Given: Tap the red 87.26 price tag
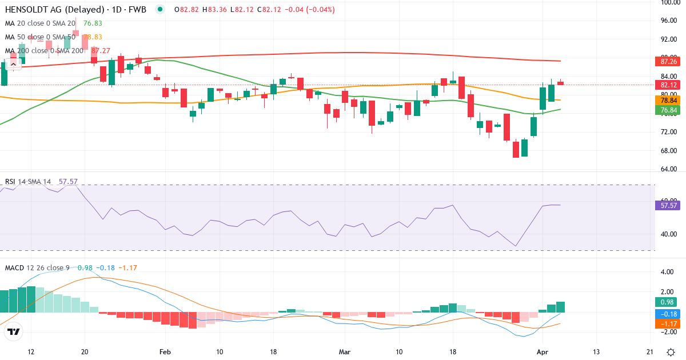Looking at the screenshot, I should pyautogui.click(x=669, y=61).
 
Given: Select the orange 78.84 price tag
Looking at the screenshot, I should pyautogui.click(x=669, y=100).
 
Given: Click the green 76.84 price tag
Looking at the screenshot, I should pyautogui.click(x=669, y=110).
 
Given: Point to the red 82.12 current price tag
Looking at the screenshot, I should pyautogui.click(x=669, y=85).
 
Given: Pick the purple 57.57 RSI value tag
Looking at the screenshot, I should pyautogui.click(x=669, y=205).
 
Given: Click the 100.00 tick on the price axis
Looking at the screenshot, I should pyautogui.click(x=669, y=2).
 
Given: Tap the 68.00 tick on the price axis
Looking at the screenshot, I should pyautogui.click(x=669, y=151).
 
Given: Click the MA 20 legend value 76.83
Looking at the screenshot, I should pyautogui.click(x=93, y=23).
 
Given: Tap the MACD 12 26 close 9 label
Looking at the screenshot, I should pyautogui.click(x=38, y=267).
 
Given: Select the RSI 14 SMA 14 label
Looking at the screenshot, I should pyautogui.click(x=28, y=182).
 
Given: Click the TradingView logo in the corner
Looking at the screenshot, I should pyautogui.click(x=13, y=332).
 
